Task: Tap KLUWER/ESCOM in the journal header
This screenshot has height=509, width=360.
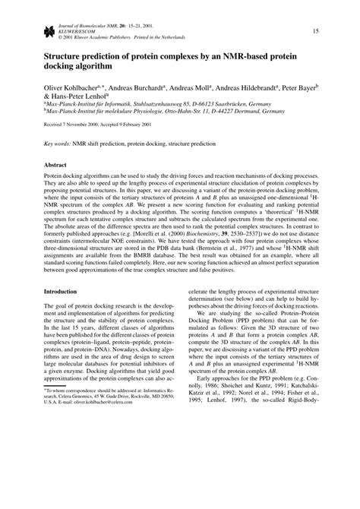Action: [74, 30]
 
